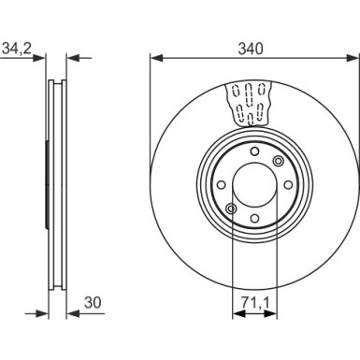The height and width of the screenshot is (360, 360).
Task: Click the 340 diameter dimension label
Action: [251, 49]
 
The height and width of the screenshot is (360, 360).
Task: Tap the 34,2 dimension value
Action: [17, 49]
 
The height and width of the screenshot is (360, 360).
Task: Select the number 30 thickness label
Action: [93, 302]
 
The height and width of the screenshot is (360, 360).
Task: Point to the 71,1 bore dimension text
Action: [254, 302]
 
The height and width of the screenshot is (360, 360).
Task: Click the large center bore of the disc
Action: [254, 185]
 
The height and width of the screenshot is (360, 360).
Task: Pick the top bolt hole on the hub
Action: [254, 151]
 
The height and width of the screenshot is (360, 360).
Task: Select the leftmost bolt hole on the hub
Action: [221, 185]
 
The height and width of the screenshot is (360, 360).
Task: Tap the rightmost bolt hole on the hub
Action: [288, 185]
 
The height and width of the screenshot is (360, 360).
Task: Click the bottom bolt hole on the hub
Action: [254, 218]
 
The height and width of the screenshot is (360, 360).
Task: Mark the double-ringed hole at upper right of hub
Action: [278, 161]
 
